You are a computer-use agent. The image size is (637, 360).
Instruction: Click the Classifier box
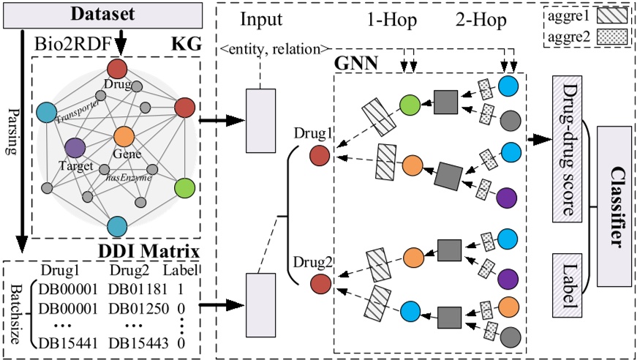[x=613, y=199]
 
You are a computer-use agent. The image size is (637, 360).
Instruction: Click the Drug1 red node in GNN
[x=319, y=155]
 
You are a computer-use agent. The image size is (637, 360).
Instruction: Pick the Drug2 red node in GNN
[x=319, y=282]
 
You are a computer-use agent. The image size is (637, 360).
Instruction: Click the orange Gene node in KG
[x=123, y=137]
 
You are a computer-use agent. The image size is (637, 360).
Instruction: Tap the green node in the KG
[x=186, y=190]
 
